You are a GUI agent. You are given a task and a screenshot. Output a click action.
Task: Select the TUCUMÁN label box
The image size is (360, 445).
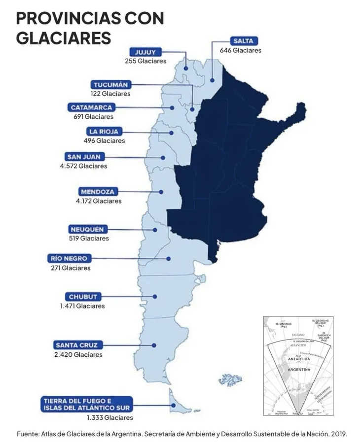[110, 85]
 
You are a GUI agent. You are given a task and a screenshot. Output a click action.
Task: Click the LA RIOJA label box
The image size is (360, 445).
[104, 132]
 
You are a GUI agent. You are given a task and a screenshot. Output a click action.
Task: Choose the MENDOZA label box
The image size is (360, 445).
[98, 192]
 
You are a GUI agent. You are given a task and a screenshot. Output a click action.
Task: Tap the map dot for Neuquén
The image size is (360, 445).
[155, 230]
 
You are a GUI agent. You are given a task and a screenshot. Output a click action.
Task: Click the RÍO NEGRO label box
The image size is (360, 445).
[69, 259]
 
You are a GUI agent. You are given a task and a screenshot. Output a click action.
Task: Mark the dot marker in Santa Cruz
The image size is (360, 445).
[154, 345]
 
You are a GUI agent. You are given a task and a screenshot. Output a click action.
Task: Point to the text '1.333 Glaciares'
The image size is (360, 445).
[109, 418]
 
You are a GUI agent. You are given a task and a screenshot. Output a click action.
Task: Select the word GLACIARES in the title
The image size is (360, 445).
[64, 37]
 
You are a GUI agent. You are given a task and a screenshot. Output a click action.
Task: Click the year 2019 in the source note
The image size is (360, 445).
[339, 434]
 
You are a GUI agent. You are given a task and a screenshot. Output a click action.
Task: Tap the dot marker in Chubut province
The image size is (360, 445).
[155, 297]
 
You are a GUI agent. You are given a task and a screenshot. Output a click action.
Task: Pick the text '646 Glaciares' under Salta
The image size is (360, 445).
[240, 50]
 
